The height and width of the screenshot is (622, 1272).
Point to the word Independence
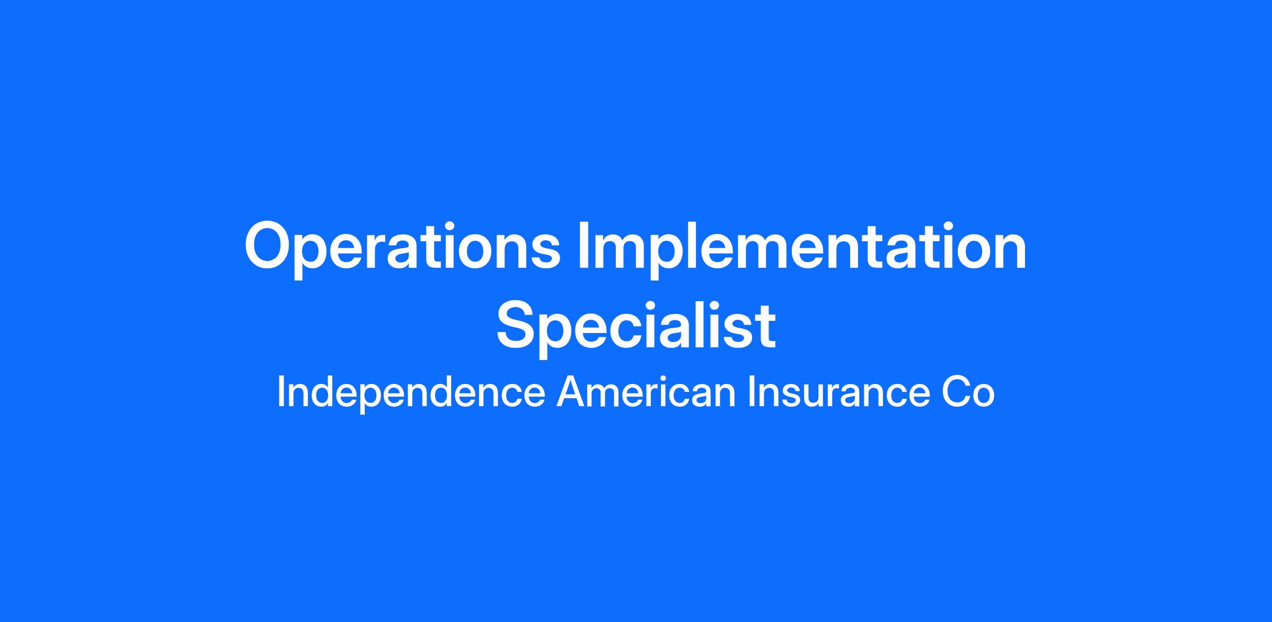tap(411, 393)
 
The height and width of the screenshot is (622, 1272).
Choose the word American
tap(646, 392)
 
